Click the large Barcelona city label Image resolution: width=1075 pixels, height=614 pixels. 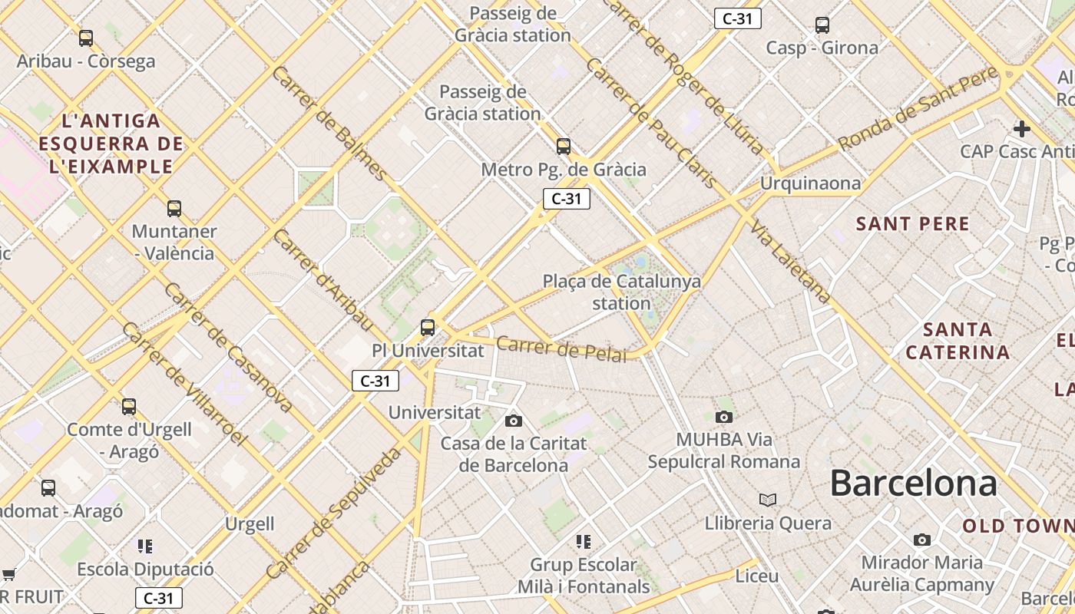(x=913, y=484)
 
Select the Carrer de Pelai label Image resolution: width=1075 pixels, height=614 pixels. (x=561, y=348)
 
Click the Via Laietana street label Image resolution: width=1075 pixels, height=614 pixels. (x=791, y=261)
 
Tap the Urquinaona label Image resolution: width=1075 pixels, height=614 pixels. (x=810, y=183)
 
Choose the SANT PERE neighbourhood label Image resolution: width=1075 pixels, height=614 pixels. (x=912, y=224)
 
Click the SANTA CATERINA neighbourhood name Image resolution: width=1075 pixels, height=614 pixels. (x=958, y=341)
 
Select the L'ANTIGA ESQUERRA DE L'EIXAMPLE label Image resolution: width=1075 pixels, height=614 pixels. (x=111, y=144)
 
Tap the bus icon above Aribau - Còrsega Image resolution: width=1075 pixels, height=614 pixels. (x=86, y=38)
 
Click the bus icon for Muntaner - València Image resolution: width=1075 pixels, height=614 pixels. (x=174, y=208)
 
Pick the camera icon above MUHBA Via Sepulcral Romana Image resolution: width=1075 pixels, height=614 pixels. (x=723, y=417)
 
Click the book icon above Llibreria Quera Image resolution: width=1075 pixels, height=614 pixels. (x=767, y=500)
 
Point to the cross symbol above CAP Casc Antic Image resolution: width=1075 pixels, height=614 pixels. (x=1021, y=128)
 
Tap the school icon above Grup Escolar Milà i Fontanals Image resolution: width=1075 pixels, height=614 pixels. (x=583, y=542)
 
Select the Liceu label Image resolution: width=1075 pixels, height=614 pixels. (x=756, y=576)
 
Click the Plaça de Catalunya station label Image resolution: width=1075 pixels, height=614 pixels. (x=621, y=292)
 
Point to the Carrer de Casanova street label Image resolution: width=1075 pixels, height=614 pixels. (x=228, y=347)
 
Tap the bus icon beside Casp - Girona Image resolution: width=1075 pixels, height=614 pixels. (x=822, y=25)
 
